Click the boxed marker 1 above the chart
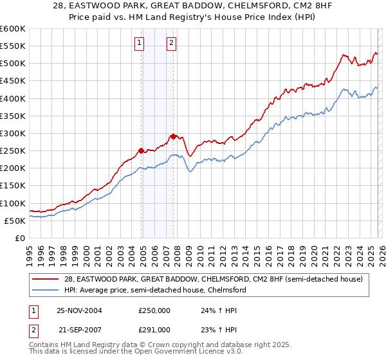click(140, 43)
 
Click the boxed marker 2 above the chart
click(172, 43)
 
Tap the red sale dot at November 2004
click(142, 150)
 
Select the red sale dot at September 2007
click(174, 136)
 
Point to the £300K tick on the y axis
click(13, 133)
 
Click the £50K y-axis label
click(15, 221)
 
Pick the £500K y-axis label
click(13, 63)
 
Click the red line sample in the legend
click(47, 279)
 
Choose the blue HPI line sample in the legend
click(47, 290)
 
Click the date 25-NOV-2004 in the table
click(80, 310)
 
